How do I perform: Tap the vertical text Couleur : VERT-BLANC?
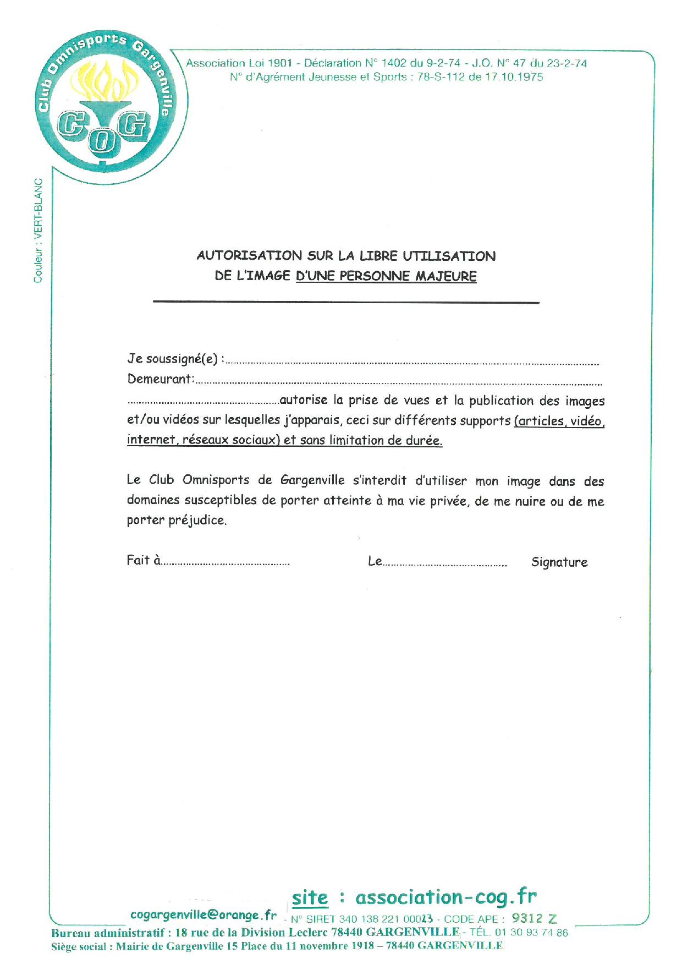click(38, 231)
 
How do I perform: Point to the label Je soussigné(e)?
click(174, 359)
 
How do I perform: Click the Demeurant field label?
click(161, 379)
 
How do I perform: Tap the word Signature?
click(559, 562)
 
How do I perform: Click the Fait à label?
click(144, 561)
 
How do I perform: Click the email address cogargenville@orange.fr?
click(204, 915)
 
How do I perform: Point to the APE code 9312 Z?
click(534, 918)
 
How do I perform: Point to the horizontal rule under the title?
click(346, 302)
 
